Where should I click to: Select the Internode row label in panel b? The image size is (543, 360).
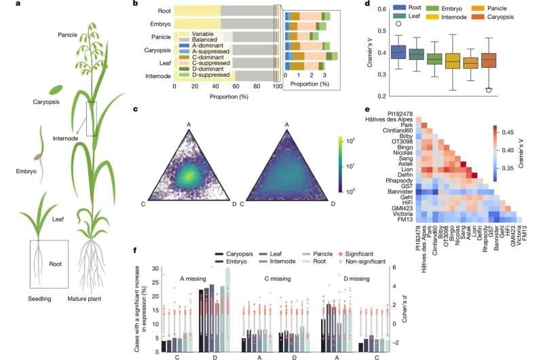click(x=157, y=76)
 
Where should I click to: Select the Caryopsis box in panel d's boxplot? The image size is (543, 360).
click(x=488, y=60)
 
